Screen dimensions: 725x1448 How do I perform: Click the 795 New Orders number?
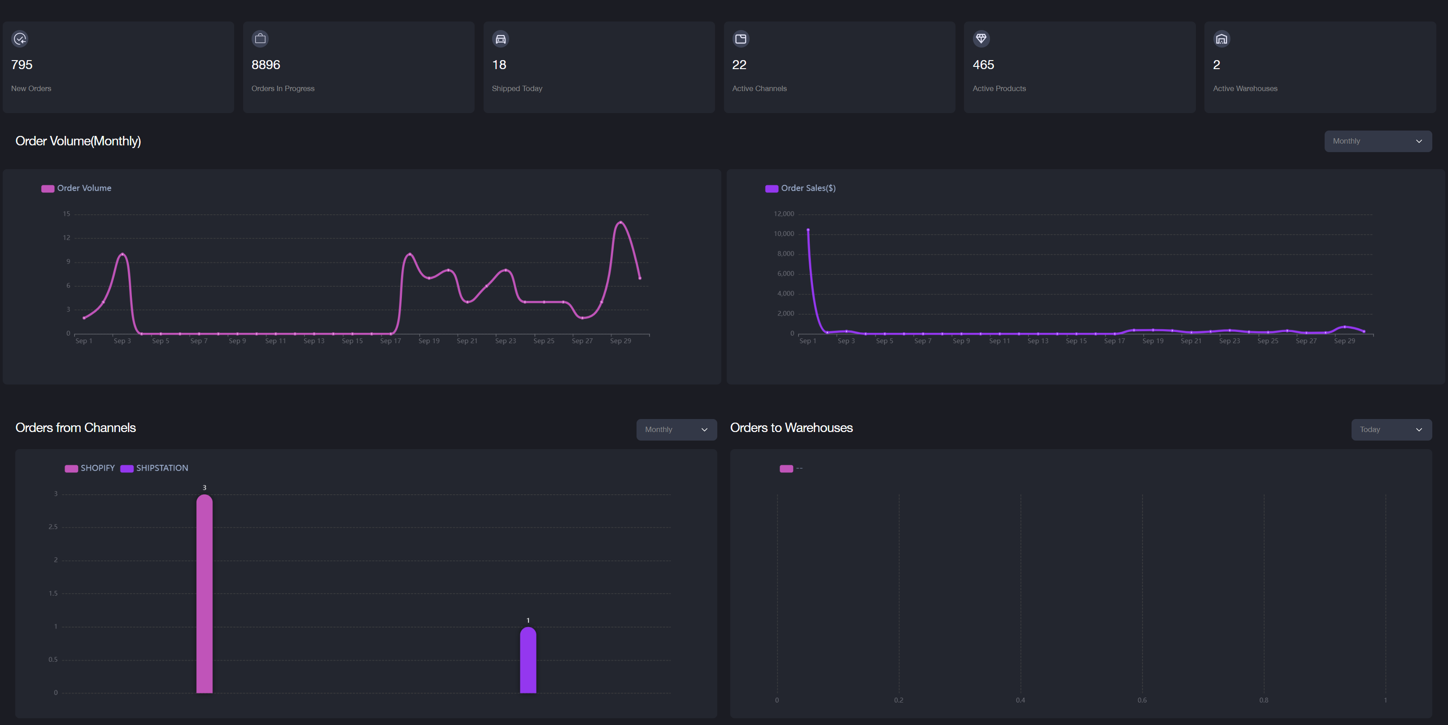click(22, 65)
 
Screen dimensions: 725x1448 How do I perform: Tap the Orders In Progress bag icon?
click(260, 39)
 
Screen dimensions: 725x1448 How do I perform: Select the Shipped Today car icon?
click(500, 39)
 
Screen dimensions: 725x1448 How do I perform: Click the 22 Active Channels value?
click(739, 65)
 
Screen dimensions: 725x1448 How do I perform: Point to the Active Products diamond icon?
click(981, 39)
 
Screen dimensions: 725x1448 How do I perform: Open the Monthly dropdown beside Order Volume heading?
click(1377, 141)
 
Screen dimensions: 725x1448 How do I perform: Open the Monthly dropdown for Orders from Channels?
click(676, 429)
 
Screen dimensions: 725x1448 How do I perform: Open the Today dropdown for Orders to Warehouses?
click(1391, 429)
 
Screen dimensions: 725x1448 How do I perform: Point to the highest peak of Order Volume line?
click(620, 223)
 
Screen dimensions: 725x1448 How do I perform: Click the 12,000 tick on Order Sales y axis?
click(784, 214)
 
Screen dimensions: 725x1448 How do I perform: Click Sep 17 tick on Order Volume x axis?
click(390, 341)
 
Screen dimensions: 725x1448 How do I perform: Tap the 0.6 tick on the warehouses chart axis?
click(1142, 700)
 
